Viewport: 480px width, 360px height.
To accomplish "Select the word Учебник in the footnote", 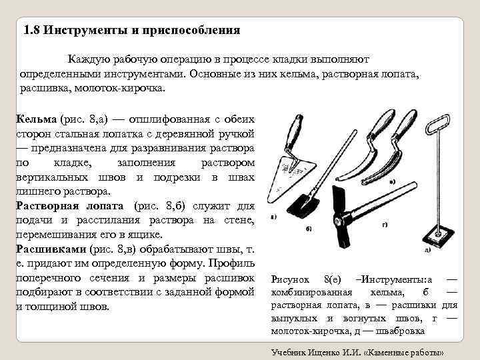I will [289, 351].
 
